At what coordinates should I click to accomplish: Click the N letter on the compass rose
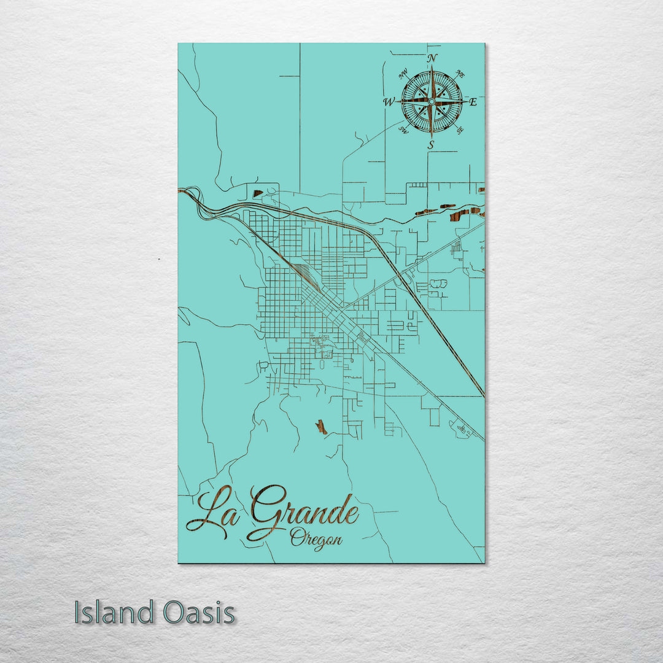pos(432,58)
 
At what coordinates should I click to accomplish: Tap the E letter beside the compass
pos(473,103)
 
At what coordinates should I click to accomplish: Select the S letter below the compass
pos(431,145)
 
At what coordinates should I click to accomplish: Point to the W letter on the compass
pos(389,103)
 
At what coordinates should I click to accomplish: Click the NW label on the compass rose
pos(403,75)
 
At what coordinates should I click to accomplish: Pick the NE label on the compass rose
pos(460,74)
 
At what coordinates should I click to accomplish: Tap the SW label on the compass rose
pos(403,130)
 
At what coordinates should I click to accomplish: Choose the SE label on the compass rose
pos(460,130)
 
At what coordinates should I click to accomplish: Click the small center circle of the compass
pos(432,101)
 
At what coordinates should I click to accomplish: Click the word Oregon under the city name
pos(316,539)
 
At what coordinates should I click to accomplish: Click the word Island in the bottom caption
pos(114,613)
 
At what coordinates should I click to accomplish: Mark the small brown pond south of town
pos(321,427)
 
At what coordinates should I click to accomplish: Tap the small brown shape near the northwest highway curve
pos(258,193)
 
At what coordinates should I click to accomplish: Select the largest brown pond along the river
pos(459,215)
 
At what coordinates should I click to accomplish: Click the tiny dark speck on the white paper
pos(159,259)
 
